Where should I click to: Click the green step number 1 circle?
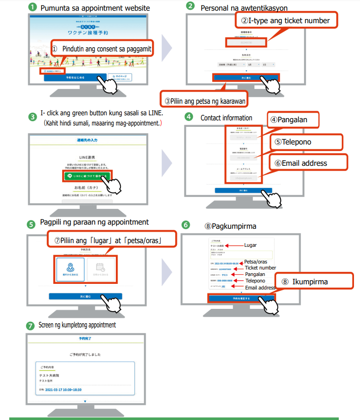pyautogui.click(x=32, y=7)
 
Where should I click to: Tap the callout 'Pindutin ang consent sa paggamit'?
pyautogui.click(x=107, y=49)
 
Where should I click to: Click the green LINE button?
pyautogui.click(x=88, y=176)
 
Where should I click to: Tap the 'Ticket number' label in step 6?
pyautogui.click(x=260, y=268)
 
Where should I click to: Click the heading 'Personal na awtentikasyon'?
pyautogui.click(x=244, y=8)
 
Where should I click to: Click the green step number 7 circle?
pyautogui.click(x=31, y=325)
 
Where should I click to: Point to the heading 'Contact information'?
pyautogui.click(x=226, y=118)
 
